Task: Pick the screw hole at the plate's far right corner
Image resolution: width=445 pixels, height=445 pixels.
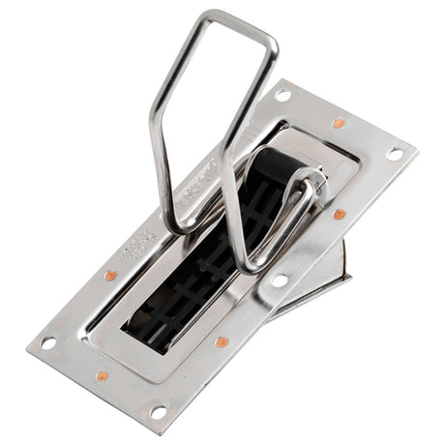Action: pos(395,153)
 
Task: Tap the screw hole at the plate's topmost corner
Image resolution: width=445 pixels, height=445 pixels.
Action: pos(282,95)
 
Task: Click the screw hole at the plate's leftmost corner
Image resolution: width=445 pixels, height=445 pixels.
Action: pos(47,341)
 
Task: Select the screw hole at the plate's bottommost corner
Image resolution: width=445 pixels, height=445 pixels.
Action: pos(159,412)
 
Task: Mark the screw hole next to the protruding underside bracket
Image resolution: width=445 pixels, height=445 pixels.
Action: pos(280,281)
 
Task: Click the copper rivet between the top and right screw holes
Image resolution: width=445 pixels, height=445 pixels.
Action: pos(338,123)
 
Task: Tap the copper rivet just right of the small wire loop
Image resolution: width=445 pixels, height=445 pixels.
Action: pos(340,214)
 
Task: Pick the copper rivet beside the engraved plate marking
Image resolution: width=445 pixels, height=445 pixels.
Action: pos(110,276)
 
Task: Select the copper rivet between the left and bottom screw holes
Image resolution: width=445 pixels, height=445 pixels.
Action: pos(102,376)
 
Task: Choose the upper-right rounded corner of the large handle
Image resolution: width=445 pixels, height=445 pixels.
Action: pos(272,44)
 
